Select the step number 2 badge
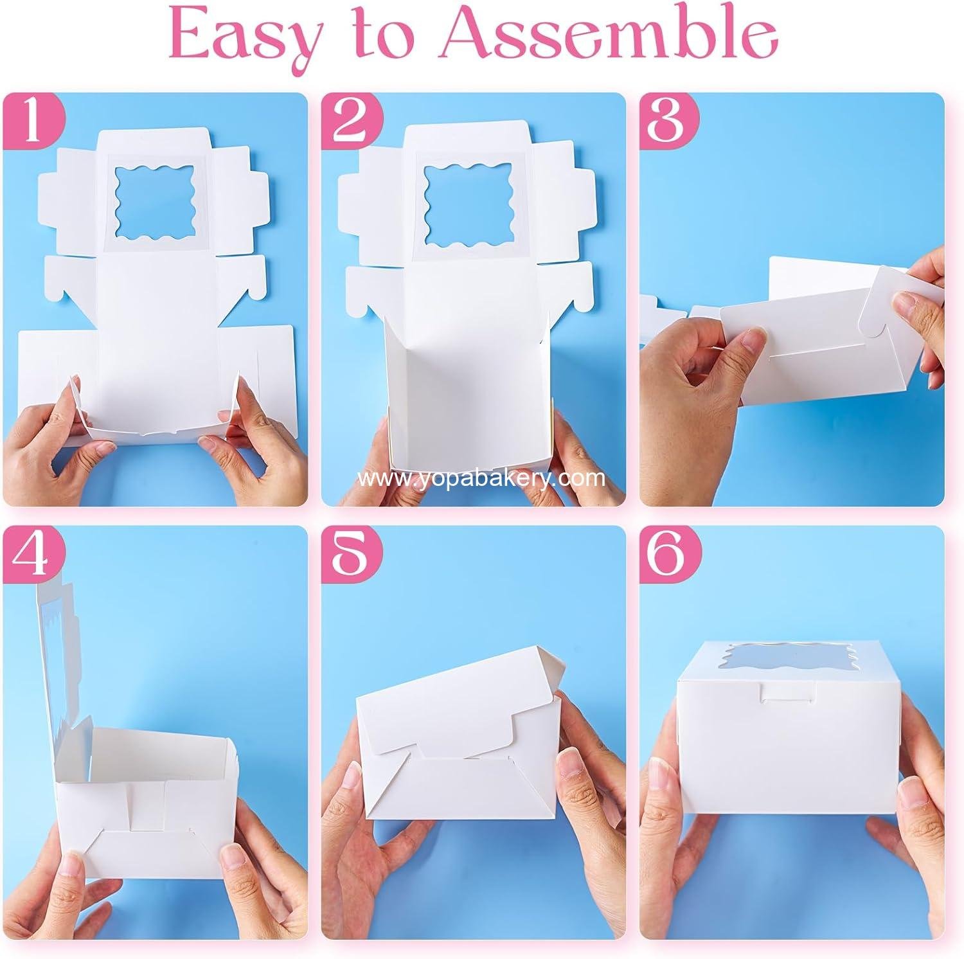pyautogui.click(x=351, y=124)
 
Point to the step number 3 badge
pyautogui.click(x=670, y=124)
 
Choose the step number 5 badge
pyautogui.click(x=351, y=557)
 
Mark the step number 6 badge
pyautogui.click(x=670, y=557)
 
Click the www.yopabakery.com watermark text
pyautogui.click(x=481, y=478)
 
